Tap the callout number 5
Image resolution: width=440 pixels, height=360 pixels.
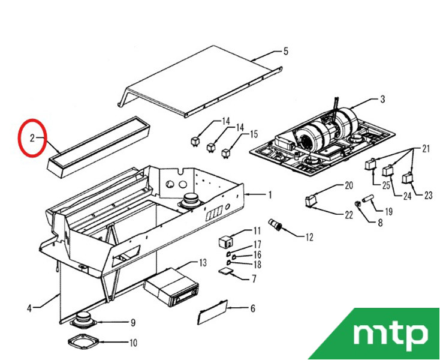[x=286, y=52]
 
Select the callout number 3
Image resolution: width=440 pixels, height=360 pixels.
[x=382, y=100]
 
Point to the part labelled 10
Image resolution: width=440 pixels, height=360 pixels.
[x=83, y=341]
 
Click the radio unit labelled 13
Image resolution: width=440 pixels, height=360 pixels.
[x=171, y=287]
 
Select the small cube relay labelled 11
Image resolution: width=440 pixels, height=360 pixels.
[x=225, y=242]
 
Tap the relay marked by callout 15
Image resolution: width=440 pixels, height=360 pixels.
[x=226, y=154]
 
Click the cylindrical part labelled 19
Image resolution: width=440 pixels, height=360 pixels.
[x=368, y=198]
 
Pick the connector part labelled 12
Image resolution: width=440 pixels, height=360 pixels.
[x=276, y=224]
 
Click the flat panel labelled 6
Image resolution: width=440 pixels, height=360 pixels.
[x=212, y=312]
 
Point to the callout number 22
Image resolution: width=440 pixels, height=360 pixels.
[x=349, y=215]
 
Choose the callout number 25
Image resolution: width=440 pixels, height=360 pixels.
[x=387, y=185]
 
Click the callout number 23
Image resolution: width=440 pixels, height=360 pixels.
[x=428, y=195]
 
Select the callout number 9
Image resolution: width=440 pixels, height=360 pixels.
[x=133, y=323]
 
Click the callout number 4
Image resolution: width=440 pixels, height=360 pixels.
[x=29, y=308]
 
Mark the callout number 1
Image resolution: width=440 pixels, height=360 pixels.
[x=270, y=195]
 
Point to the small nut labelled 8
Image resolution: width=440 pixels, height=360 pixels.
[x=358, y=204]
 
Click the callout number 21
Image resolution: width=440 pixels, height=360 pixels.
[x=426, y=149]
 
